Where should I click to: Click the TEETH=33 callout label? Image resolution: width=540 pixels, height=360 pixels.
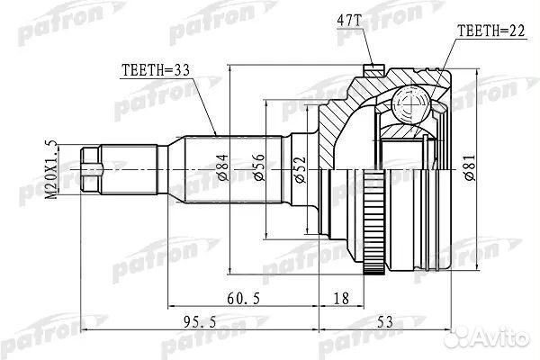156,70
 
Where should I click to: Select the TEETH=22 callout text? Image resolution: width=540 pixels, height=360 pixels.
490,31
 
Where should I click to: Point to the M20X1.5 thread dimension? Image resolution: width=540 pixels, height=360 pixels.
51,169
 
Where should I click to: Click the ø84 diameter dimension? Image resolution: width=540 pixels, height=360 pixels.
223,167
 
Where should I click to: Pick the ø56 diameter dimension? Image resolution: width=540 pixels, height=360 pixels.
259,167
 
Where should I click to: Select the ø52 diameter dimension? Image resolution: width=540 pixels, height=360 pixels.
300,169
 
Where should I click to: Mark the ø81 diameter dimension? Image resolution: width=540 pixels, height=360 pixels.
470,167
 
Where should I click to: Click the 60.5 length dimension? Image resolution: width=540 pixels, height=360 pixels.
244,298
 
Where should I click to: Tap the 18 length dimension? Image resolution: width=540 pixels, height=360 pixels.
341,298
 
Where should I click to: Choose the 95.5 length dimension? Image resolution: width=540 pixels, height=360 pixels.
200,322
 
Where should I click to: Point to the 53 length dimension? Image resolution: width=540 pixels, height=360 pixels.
385,322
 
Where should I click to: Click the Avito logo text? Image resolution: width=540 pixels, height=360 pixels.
499,337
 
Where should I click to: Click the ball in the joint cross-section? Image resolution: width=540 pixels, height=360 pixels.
411,103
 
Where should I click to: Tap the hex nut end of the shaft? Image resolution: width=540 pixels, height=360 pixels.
91,169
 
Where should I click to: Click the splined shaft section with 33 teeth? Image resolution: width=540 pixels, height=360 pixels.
234,169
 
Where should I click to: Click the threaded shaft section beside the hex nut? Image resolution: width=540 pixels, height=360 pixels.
129,169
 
